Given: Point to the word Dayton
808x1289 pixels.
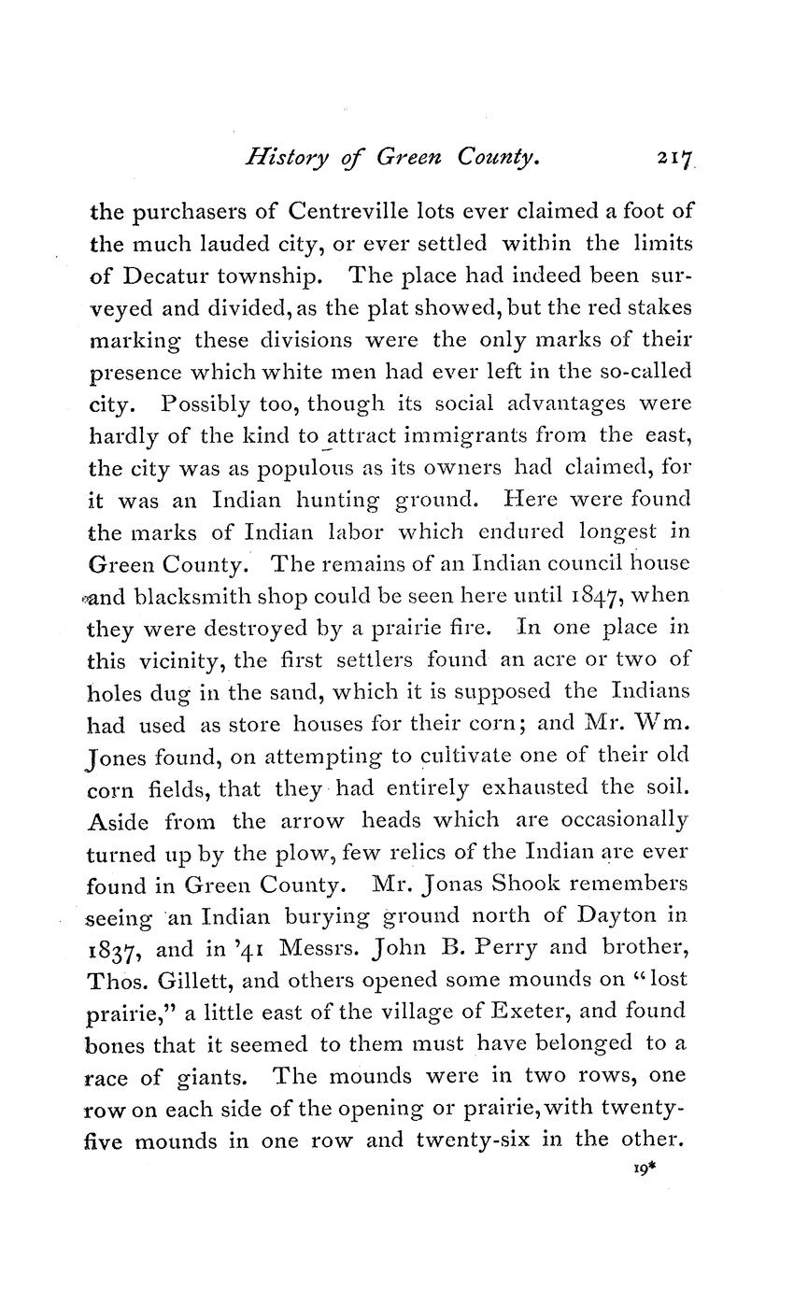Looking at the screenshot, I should coord(614,914).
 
